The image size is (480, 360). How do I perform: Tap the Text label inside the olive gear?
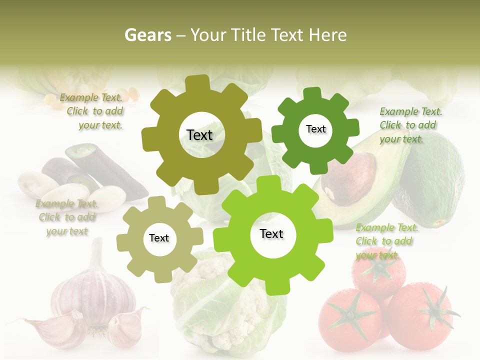(x=199, y=135)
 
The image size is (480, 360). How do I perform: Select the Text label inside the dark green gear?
(x=315, y=129)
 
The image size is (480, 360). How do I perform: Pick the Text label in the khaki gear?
(x=159, y=238)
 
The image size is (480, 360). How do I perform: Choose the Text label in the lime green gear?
(x=271, y=233)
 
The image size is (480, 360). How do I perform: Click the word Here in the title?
(x=328, y=35)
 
